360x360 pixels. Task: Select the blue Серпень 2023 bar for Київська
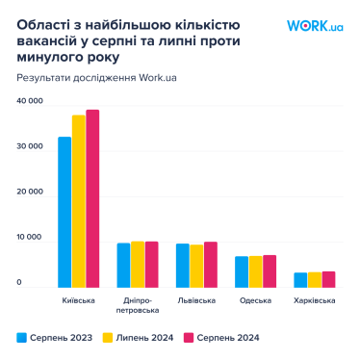[x=64, y=212]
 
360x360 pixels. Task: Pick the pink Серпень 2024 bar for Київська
[x=92, y=197]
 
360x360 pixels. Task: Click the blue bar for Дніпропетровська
[x=123, y=265]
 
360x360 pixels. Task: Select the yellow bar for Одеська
[x=255, y=271]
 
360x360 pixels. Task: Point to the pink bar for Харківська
[x=328, y=279]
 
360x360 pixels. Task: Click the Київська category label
[x=78, y=300]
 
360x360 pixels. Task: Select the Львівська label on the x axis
[x=196, y=300]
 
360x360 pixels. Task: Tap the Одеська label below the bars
[x=255, y=300]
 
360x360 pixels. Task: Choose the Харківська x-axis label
[x=315, y=300]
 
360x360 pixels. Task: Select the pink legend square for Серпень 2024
[x=190, y=338]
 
